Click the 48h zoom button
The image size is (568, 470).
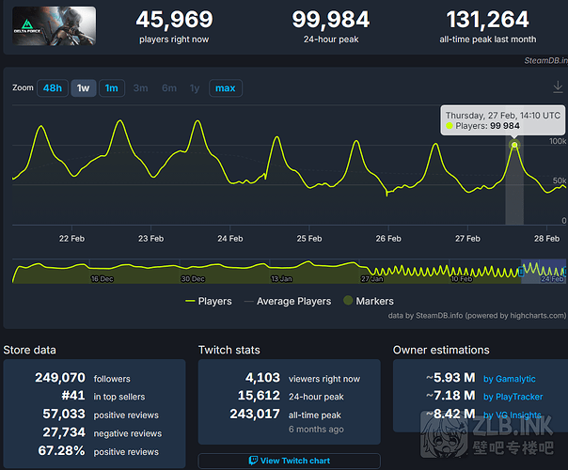[x=53, y=88]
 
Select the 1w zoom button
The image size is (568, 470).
[x=83, y=88]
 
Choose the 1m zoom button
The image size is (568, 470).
[x=111, y=88]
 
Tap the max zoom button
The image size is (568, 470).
[x=226, y=88]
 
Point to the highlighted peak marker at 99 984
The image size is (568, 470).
[x=514, y=145]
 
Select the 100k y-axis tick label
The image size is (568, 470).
[x=558, y=141]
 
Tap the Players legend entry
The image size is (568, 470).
[x=209, y=301]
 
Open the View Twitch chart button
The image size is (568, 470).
[x=290, y=461]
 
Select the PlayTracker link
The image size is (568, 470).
[x=520, y=397]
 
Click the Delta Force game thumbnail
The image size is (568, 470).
[x=54, y=28]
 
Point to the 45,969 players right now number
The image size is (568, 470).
[x=174, y=20]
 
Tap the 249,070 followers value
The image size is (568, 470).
[x=59, y=378]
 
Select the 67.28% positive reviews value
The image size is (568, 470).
[x=59, y=451]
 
